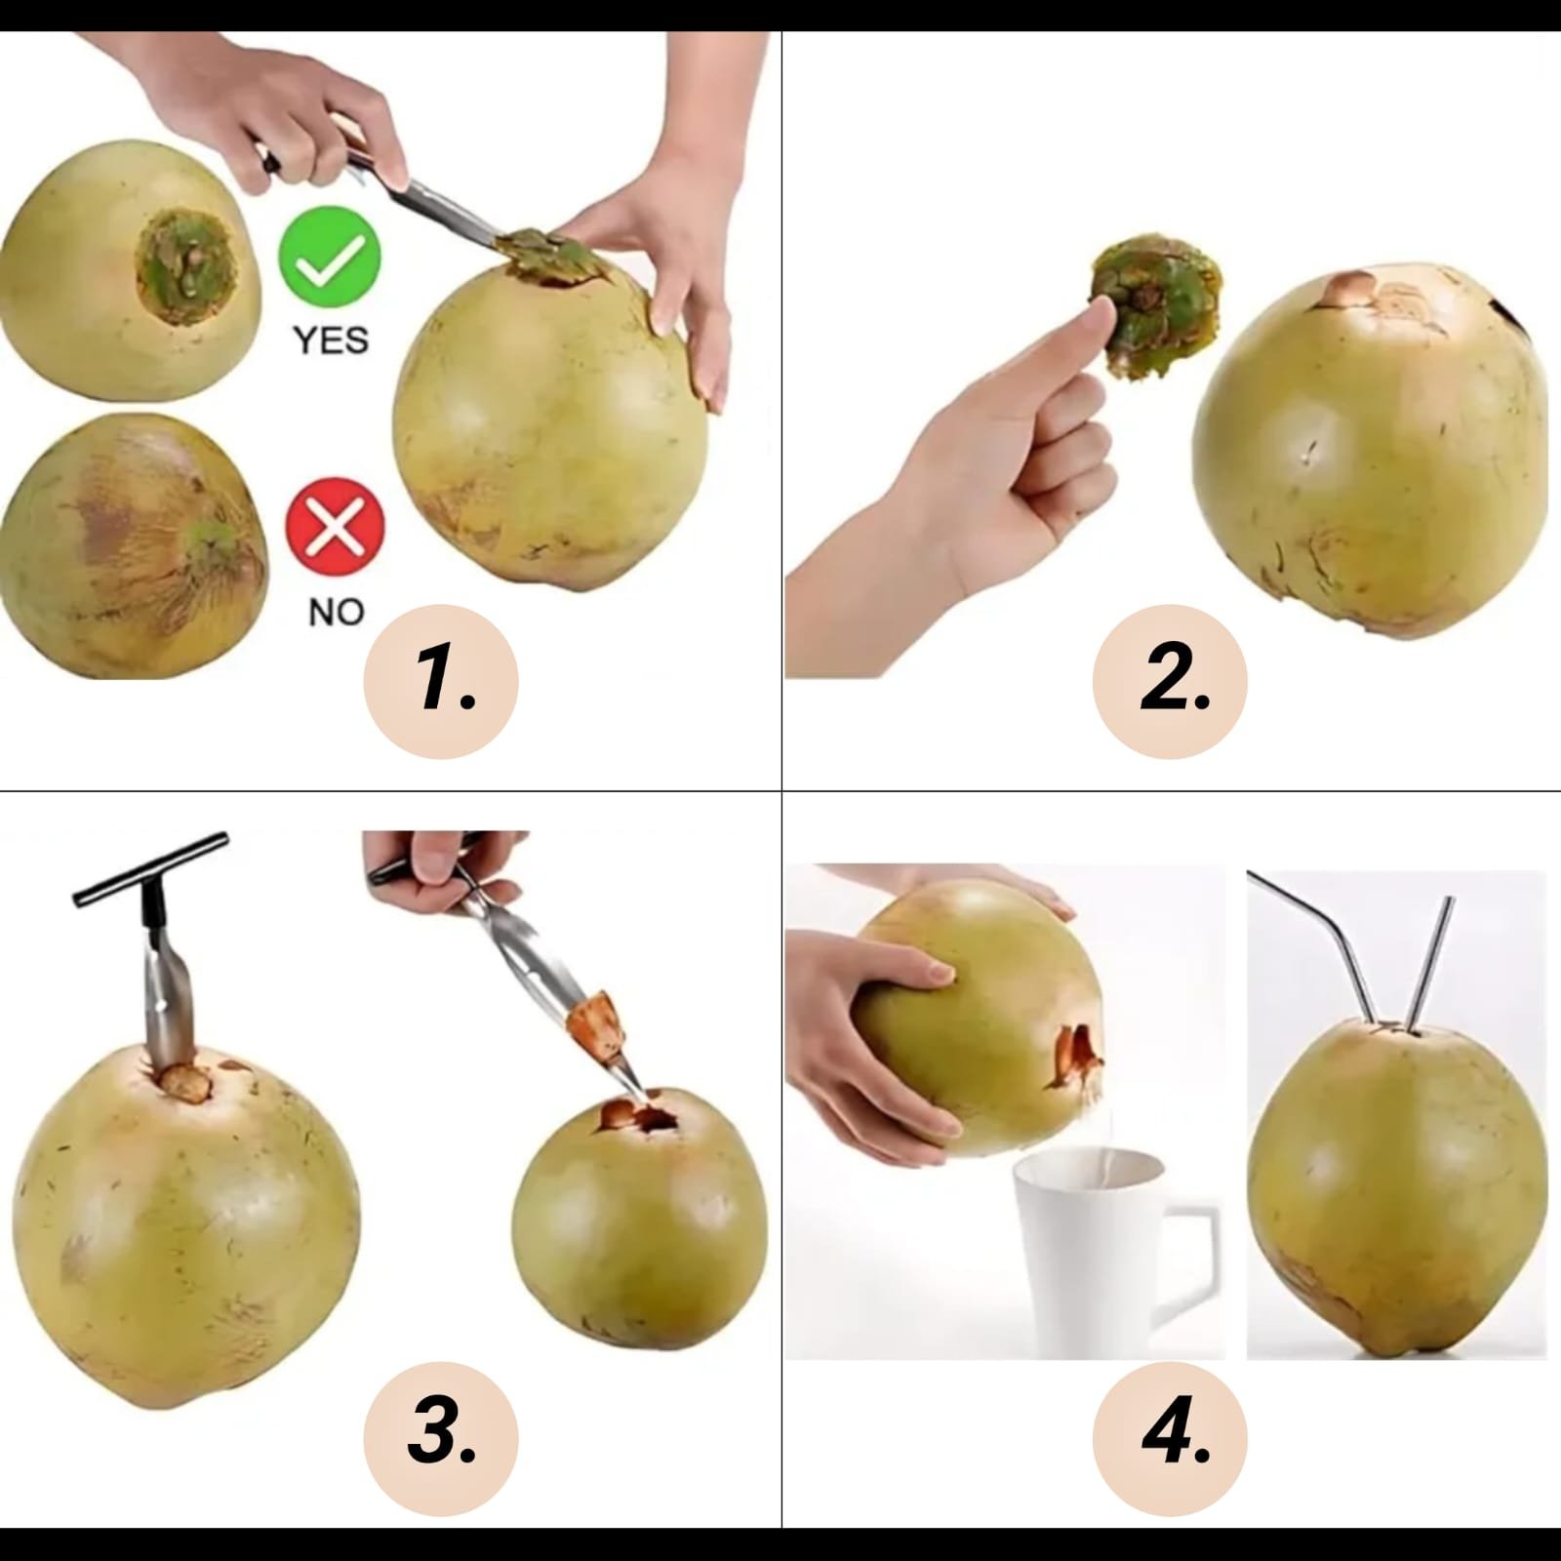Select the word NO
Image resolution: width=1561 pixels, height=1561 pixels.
tap(336, 612)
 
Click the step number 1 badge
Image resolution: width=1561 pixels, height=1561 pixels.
tap(441, 681)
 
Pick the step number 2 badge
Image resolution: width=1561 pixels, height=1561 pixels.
tap(1170, 681)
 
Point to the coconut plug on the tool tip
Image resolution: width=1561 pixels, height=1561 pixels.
tap(598, 1027)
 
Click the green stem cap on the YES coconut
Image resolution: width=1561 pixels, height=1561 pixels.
tap(186, 267)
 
